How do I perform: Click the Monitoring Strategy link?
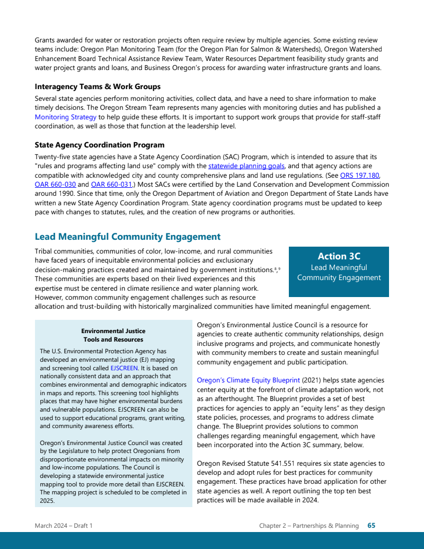pyautogui.click(x=66, y=117)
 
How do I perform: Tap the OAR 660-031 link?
pyautogui.click(x=111, y=184)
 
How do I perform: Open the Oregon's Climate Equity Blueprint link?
pyautogui.click(x=248, y=380)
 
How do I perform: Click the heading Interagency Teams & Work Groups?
pyautogui.click(x=98, y=86)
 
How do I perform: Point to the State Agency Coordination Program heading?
pyautogui.click(x=100, y=145)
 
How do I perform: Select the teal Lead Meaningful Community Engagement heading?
pyautogui.click(x=127, y=237)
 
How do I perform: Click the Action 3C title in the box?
pyautogui.click(x=339, y=256)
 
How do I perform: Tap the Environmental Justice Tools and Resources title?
pyautogui.click(x=113, y=335)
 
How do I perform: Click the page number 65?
pyautogui.click(x=372, y=526)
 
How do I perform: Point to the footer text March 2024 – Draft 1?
pyautogui.click(x=64, y=526)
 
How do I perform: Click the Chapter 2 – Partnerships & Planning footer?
pyautogui.click(x=308, y=526)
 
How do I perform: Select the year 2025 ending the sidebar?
pyautogui.click(x=47, y=500)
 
